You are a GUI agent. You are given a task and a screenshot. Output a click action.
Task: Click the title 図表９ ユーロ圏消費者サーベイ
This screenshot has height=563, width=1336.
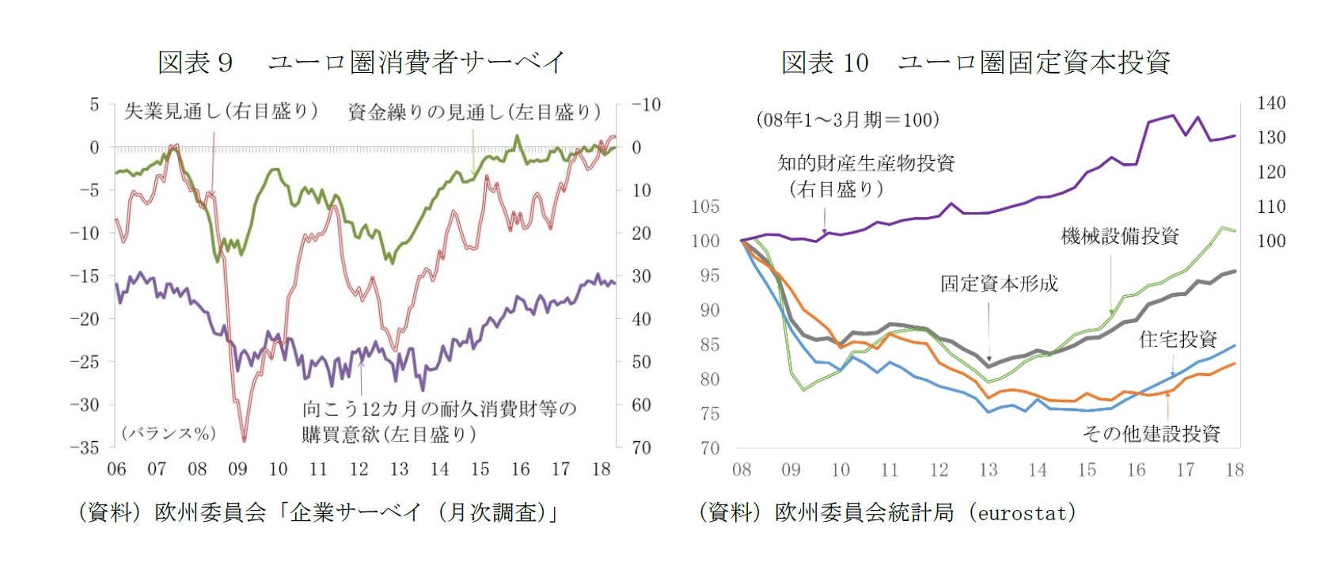pyautogui.click(x=361, y=62)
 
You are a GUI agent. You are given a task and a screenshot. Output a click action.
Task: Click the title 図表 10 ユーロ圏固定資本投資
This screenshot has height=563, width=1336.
pyautogui.click(x=975, y=62)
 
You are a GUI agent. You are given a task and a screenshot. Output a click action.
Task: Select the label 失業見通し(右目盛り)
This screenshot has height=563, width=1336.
pyautogui.click(x=221, y=112)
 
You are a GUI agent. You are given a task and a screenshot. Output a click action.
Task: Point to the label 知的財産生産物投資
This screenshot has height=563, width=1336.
pyautogui.click(x=866, y=163)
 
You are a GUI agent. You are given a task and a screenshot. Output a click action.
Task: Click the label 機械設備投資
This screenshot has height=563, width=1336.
pyautogui.click(x=1119, y=236)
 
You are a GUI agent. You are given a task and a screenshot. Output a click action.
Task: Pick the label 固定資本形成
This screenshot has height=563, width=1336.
pyautogui.click(x=999, y=283)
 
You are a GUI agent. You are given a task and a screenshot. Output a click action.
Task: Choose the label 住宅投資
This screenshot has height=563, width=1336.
pyautogui.click(x=1178, y=340)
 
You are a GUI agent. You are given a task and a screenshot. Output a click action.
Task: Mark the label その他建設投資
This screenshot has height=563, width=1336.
pyautogui.click(x=1151, y=433)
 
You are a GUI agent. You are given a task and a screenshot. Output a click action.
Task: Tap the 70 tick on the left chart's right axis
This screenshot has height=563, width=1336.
pyautogui.click(x=641, y=447)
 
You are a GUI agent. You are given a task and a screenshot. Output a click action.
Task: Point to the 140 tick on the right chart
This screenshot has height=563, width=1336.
pyautogui.click(x=1271, y=103)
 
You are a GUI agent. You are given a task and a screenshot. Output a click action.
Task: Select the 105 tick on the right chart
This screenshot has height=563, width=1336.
pyautogui.click(x=705, y=207)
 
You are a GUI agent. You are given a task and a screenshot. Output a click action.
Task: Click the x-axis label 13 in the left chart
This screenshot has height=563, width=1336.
pyautogui.click(x=399, y=470)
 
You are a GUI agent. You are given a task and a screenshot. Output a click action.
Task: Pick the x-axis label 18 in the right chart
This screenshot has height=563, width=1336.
pyautogui.click(x=1234, y=470)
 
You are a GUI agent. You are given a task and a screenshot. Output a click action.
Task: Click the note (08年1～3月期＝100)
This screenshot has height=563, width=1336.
pyautogui.click(x=848, y=120)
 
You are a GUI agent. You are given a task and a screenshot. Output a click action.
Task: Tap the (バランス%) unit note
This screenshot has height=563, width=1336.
pyautogui.click(x=169, y=433)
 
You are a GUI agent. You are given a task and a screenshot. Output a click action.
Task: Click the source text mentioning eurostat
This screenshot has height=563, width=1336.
pyautogui.click(x=887, y=513)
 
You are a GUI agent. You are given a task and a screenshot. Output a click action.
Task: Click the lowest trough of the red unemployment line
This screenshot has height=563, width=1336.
pyautogui.click(x=244, y=439)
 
